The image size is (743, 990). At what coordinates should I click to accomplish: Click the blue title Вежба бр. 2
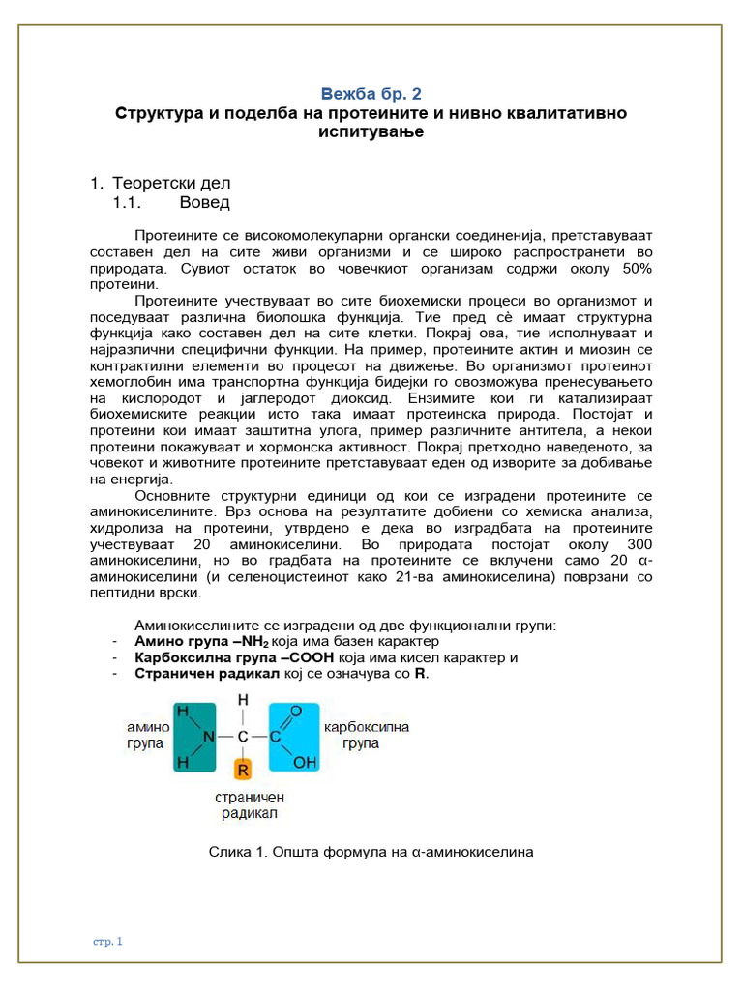click(371, 94)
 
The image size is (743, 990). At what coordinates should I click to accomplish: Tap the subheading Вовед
click(204, 202)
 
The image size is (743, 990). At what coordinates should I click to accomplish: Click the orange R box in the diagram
click(244, 769)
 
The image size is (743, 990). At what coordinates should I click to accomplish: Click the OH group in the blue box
click(305, 763)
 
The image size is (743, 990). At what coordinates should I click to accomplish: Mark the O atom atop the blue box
click(297, 711)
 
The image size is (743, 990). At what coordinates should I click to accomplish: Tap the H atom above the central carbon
click(243, 699)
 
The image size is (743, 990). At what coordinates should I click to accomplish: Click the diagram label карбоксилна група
click(366, 735)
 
